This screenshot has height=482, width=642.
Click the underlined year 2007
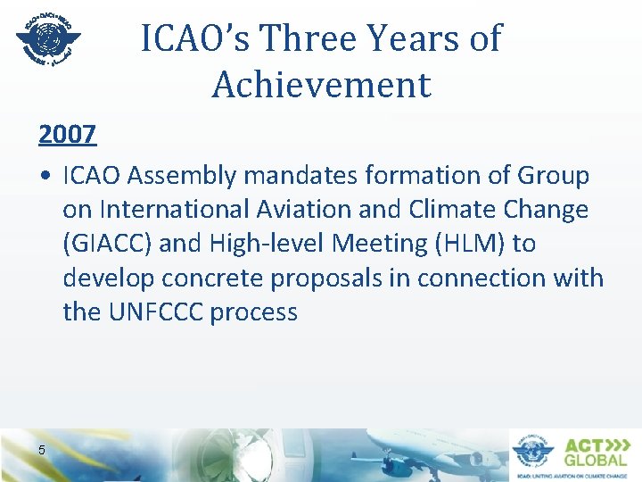(x=68, y=134)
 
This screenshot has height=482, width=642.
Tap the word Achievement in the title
(x=321, y=85)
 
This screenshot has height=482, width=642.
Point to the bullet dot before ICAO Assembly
(x=45, y=177)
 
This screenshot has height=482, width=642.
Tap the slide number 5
(x=42, y=449)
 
